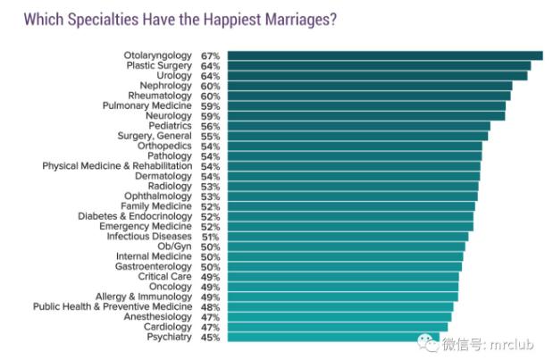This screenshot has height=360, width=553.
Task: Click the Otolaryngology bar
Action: click(384, 55)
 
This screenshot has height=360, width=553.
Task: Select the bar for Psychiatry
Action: click(334, 337)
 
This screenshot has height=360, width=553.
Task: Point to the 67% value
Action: click(211, 55)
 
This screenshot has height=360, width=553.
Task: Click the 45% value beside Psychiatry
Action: click(211, 337)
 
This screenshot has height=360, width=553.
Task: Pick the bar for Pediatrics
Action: click(358, 126)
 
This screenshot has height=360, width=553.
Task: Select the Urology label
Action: click(174, 76)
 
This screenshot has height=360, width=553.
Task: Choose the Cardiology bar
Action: click(337, 327)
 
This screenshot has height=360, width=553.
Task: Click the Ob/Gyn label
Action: click(175, 247)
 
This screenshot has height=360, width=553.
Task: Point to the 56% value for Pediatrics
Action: click(211, 126)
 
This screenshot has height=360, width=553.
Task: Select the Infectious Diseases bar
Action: click(347, 237)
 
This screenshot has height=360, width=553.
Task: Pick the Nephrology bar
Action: click(369, 86)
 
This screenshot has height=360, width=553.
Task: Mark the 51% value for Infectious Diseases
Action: click(211, 237)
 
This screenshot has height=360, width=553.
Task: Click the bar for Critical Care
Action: click(342, 277)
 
